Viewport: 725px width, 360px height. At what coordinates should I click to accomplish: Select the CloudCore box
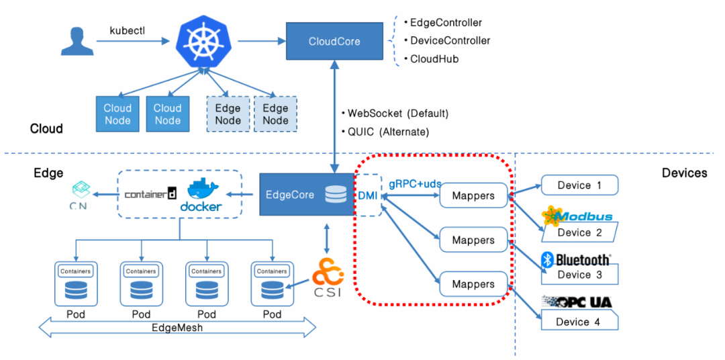[x=334, y=42]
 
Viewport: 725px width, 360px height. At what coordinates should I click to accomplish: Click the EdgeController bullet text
[x=446, y=23]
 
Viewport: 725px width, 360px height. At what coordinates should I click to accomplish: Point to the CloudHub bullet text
[x=434, y=59]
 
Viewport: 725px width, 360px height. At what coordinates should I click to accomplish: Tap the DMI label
[x=367, y=195]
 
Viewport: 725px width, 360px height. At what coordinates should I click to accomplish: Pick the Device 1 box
[x=579, y=185]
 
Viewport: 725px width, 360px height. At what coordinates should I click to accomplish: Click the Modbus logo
[x=577, y=216]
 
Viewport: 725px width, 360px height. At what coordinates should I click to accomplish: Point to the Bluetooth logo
[x=577, y=259]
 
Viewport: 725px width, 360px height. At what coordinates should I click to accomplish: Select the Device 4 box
[x=579, y=322]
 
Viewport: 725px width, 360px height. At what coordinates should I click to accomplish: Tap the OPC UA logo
[x=577, y=302]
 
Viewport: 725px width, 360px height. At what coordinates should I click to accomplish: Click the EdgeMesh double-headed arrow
[x=177, y=328]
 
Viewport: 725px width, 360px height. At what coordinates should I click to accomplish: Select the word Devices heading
[x=684, y=173]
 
